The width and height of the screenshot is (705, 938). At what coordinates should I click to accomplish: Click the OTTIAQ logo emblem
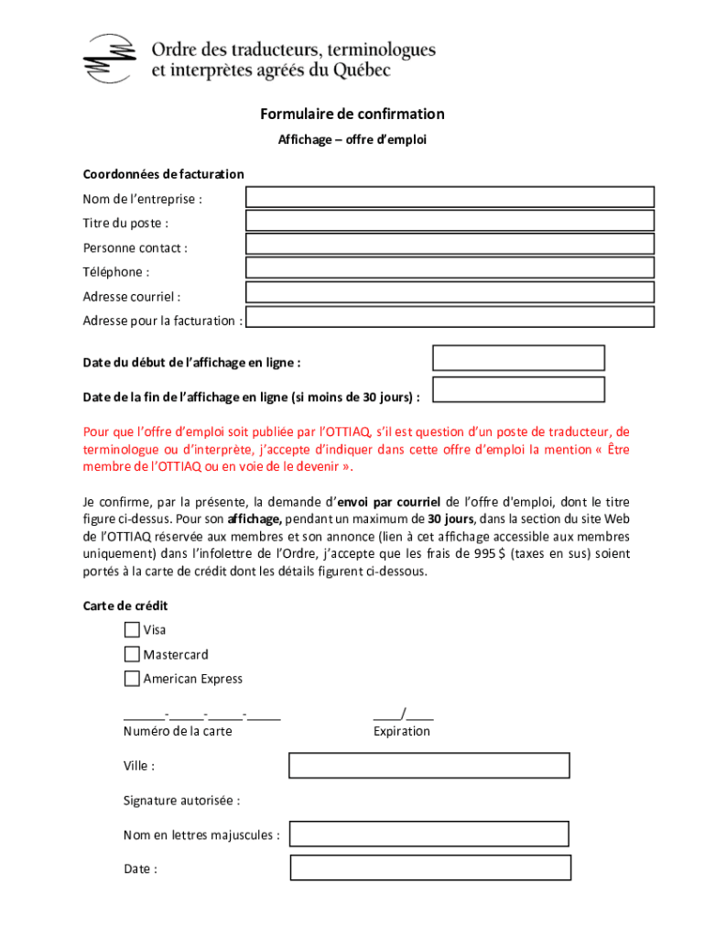[106, 58]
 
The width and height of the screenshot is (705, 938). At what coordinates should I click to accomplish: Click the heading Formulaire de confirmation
[352, 115]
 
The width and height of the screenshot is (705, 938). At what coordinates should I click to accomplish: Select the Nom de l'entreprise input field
[450, 197]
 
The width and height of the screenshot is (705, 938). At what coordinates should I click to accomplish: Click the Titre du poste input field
[450, 221]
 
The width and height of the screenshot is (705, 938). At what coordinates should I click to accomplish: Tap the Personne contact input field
[450, 244]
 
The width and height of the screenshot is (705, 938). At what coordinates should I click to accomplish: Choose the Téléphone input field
[450, 267]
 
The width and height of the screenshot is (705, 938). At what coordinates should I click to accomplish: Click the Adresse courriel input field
[450, 292]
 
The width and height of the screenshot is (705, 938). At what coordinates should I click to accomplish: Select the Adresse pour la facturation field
[450, 317]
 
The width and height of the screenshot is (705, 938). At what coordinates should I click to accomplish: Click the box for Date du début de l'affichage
[518, 358]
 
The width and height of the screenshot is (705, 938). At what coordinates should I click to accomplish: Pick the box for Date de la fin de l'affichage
[518, 389]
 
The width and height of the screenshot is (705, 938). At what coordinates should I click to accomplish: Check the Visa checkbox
[132, 629]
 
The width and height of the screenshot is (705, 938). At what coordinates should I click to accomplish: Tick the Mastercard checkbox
[132, 654]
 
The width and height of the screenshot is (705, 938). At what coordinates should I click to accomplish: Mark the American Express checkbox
[132, 679]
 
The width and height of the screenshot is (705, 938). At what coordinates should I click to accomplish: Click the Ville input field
[429, 765]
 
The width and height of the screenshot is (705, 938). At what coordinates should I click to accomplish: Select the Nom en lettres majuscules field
[429, 834]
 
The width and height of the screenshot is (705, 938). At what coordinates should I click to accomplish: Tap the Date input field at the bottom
[430, 867]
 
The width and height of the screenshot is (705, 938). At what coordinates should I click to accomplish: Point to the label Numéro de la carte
[178, 731]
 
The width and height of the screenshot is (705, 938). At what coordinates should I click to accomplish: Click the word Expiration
[401, 731]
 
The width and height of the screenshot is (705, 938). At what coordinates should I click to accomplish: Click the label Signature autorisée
[181, 801]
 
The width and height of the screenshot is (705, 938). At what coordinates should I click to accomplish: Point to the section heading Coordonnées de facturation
[163, 174]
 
